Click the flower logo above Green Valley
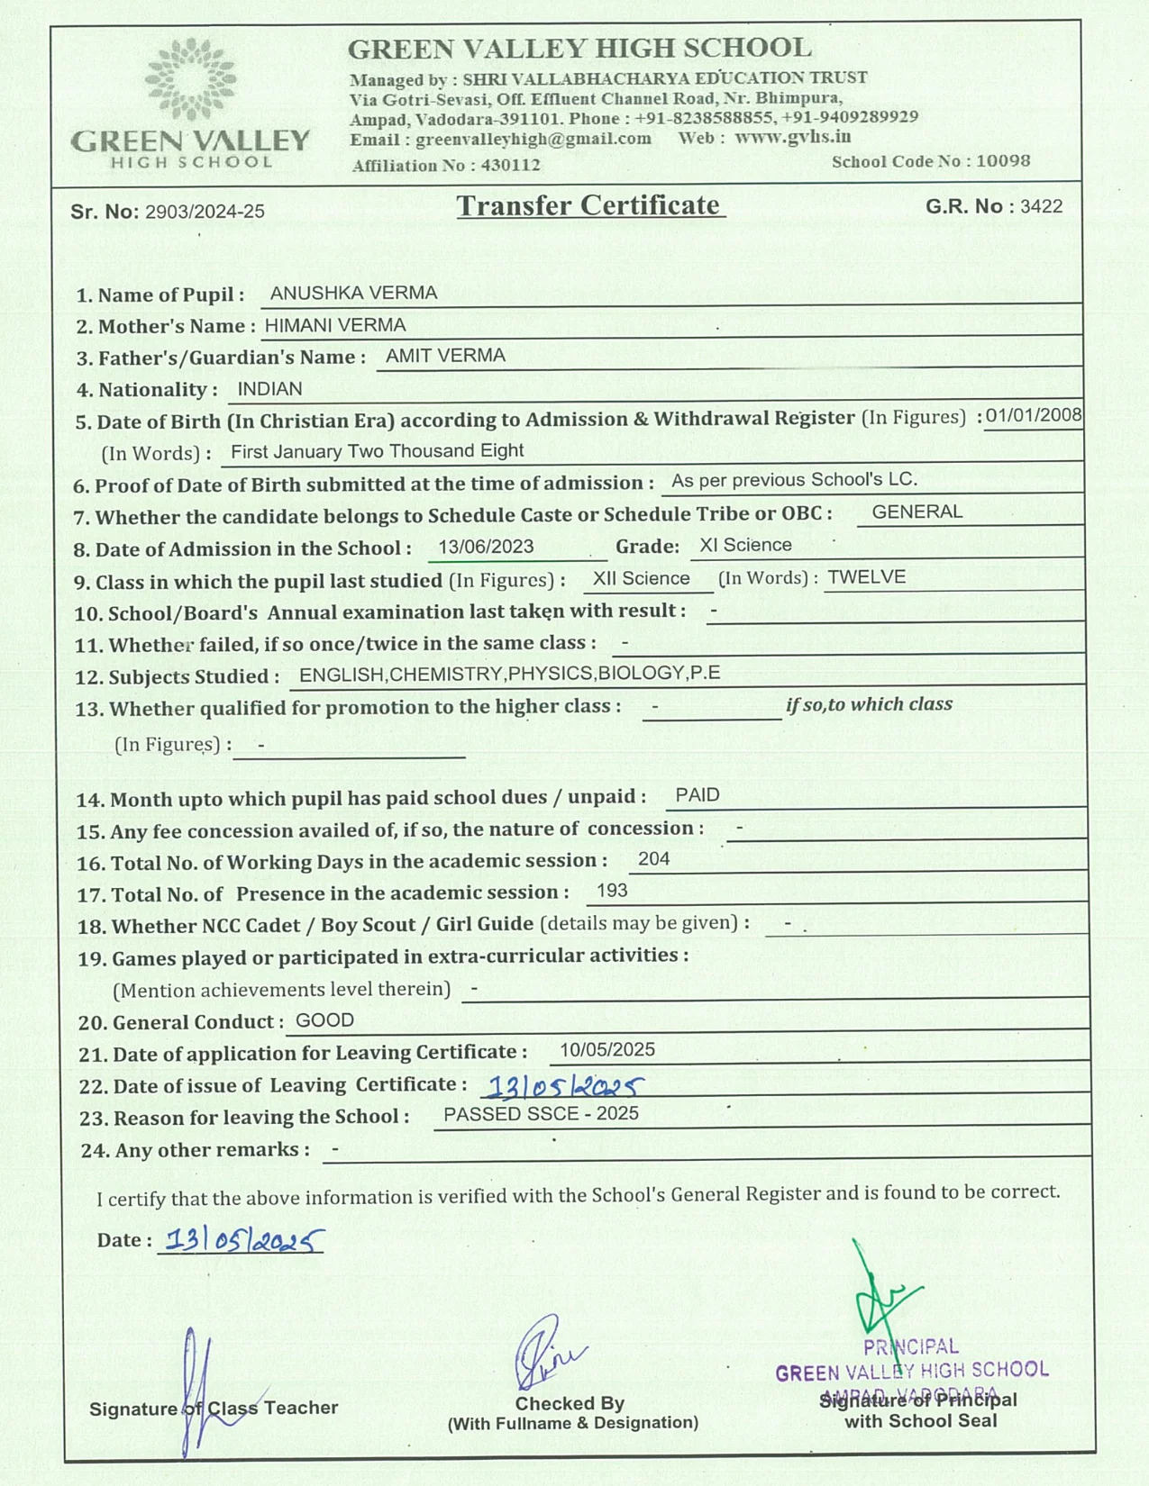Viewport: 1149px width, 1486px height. [x=190, y=79]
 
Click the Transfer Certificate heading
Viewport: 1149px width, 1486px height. [x=590, y=206]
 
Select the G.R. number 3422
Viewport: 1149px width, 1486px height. [x=1041, y=207]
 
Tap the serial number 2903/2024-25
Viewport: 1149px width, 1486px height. [x=205, y=212]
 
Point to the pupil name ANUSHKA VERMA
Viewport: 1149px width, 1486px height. [x=353, y=294]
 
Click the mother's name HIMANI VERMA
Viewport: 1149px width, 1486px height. [x=335, y=325]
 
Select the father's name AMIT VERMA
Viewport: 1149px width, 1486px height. [x=445, y=356]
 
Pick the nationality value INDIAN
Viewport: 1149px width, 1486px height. [x=269, y=389]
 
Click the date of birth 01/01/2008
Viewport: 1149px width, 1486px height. [x=1033, y=415]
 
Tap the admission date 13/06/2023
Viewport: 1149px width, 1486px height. [x=486, y=547]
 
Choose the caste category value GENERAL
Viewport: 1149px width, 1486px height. [x=917, y=512]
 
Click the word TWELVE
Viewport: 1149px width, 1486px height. [x=866, y=577]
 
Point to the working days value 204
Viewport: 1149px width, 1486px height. [x=653, y=859]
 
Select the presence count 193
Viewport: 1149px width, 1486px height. [x=612, y=891]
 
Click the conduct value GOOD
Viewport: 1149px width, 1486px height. [x=324, y=1020]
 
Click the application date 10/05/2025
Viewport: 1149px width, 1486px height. [x=606, y=1050]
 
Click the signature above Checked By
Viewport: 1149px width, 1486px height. [x=546, y=1351]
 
